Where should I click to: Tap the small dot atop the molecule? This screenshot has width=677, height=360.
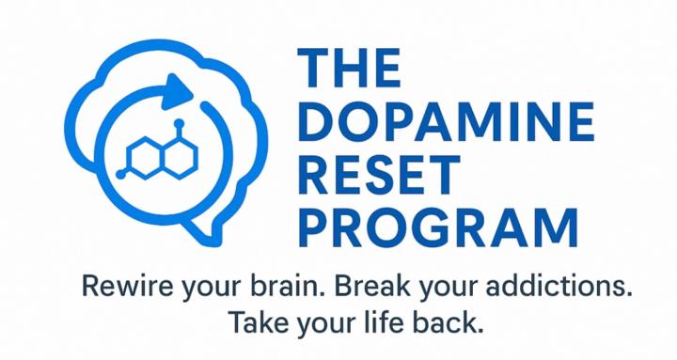(178, 123)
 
